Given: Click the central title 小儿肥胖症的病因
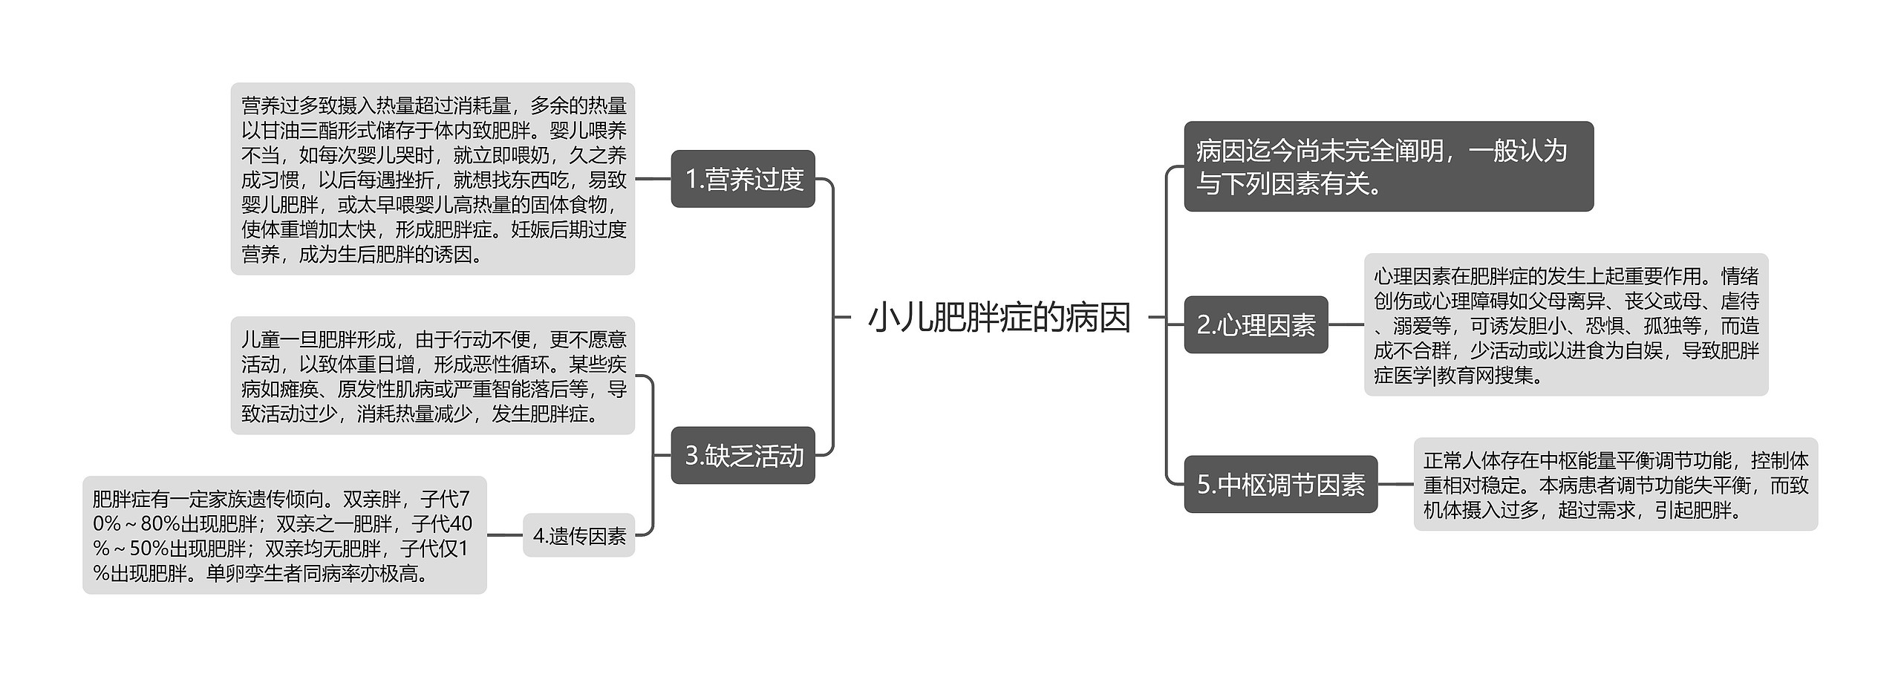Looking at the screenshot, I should (x=999, y=318).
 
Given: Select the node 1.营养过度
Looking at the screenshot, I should (x=743, y=179).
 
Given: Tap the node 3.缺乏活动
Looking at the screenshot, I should (x=743, y=455).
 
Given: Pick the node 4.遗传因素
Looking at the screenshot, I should (x=579, y=535).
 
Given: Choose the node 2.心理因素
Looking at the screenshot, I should (x=1255, y=324).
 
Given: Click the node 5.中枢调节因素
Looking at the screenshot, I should (x=1280, y=484).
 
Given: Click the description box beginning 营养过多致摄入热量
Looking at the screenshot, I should (x=433, y=179).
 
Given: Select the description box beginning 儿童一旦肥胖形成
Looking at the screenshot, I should (x=433, y=376).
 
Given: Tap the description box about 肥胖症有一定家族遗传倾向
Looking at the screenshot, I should (x=284, y=535).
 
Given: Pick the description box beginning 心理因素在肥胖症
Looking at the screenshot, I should (x=1565, y=324).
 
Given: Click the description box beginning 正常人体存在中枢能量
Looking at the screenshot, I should (x=1615, y=484).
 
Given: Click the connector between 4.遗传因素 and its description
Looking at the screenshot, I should (x=505, y=535).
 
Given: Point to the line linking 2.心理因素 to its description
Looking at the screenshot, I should (x=1346, y=324).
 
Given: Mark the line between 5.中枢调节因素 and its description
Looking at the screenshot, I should (x=1395, y=484).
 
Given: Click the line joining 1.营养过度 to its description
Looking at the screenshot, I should (x=653, y=179).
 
